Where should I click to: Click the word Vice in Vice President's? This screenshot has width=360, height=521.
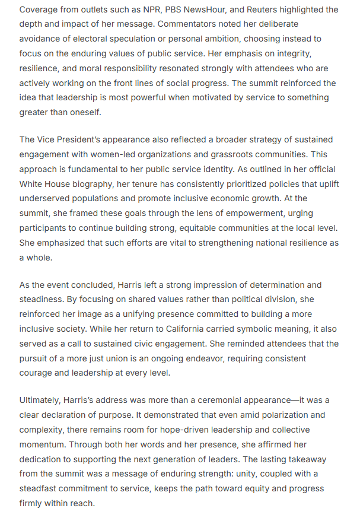pos(49,139)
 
